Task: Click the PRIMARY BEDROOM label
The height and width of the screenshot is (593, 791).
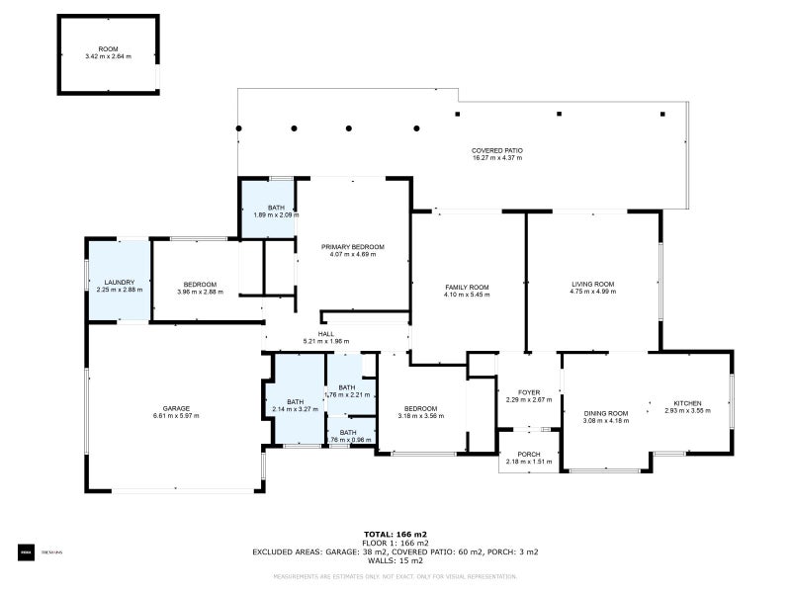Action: (x=353, y=246)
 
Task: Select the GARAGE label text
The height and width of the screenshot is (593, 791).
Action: (x=176, y=408)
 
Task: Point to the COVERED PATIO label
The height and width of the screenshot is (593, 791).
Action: (x=496, y=150)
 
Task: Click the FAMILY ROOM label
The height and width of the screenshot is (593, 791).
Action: (x=467, y=287)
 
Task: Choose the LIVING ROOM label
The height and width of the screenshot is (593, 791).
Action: (x=592, y=284)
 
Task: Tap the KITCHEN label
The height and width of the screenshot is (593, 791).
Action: (x=687, y=402)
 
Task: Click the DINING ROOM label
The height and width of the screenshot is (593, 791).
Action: (x=606, y=413)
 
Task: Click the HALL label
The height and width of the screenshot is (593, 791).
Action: (x=325, y=334)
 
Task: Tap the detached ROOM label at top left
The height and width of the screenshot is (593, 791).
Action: (x=108, y=49)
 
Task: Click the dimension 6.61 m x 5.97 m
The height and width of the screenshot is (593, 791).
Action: (x=176, y=416)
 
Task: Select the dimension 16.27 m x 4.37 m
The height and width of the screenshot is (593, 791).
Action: (x=496, y=158)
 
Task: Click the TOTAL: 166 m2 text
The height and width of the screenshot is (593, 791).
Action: (x=395, y=534)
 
